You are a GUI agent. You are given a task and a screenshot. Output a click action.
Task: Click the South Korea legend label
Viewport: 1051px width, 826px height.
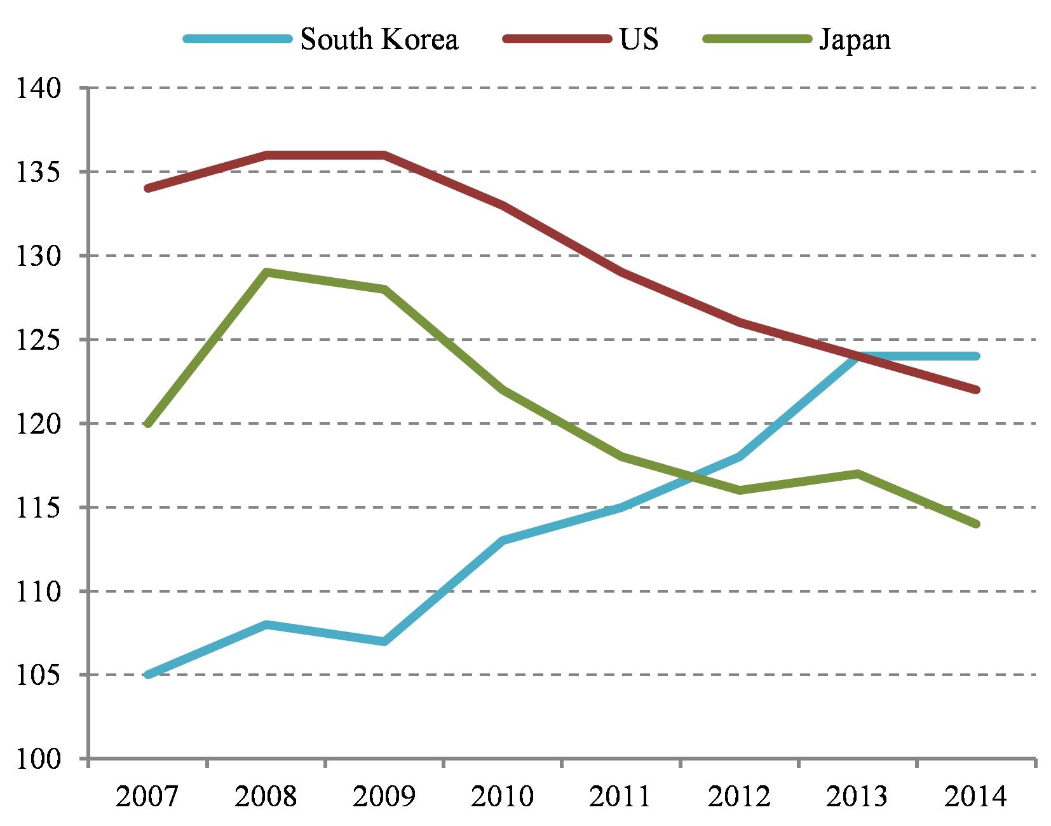coord(379,39)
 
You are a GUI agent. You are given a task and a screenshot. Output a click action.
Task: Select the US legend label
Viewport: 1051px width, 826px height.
coord(639,39)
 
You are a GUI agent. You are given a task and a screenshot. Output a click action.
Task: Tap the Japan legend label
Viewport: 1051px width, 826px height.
coord(855,39)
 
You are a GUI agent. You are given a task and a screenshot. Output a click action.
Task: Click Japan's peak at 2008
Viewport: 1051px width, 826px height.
coord(266,272)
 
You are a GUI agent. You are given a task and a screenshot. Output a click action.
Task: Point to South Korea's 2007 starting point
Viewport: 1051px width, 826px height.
coord(148,675)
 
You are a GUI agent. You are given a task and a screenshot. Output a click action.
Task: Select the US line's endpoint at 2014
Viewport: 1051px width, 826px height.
coord(976,390)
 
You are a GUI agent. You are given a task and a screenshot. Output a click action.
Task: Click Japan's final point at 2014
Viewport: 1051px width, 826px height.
coord(976,524)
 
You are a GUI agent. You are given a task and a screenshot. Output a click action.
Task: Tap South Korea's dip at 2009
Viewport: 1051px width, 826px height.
coord(384,641)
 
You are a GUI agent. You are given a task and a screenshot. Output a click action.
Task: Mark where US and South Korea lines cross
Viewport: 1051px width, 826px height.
coord(858,356)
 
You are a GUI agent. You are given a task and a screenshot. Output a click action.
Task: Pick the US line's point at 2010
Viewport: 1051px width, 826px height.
coord(503,205)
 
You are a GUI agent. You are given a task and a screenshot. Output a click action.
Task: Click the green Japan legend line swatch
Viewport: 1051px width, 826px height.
coord(756,39)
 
